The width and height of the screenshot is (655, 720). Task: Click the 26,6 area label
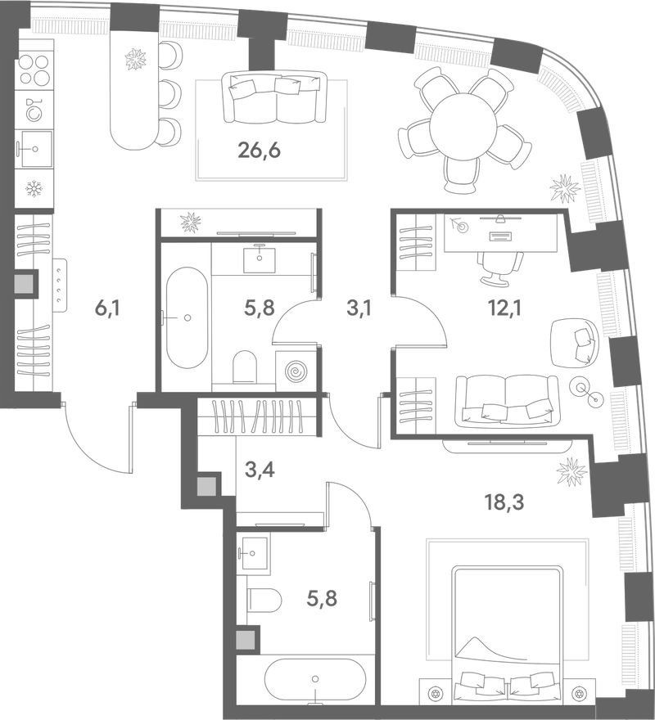tap(260, 151)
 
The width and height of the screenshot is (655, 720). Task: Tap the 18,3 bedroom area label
tap(505, 503)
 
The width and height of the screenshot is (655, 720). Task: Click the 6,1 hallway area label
tap(106, 309)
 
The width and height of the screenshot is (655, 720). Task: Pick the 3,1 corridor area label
tap(359, 309)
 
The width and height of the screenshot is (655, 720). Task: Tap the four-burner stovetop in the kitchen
tap(34, 70)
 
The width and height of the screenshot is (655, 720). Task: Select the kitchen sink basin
tap(34, 148)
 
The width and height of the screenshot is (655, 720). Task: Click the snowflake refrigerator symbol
tap(34, 188)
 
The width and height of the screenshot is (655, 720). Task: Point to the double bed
tap(507, 633)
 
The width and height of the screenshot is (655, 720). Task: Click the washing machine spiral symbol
tap(296, 371)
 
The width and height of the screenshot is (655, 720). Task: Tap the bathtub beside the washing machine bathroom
tap(187, 317)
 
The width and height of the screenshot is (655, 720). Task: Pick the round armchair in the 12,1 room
tap(574, 343)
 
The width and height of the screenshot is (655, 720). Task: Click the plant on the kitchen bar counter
tap(136, 60)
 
